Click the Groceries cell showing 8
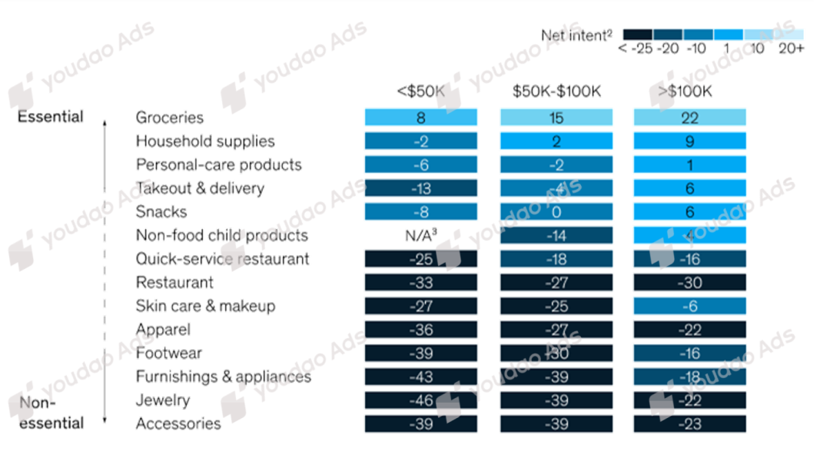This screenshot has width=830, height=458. tap(420, 118)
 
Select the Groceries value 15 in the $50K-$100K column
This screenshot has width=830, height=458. tap(557, 118)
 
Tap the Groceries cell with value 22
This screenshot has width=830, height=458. tap(689, 118)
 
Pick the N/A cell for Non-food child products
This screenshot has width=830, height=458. tap(420, 235)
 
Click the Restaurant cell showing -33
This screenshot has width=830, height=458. tap(420, 283)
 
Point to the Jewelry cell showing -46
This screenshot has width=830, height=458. tap(420, 400)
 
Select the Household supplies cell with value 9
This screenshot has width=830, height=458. tap(689, 141)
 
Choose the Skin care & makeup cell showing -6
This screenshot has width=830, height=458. tap(689, 306)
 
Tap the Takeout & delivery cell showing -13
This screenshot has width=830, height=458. tap(420, 188)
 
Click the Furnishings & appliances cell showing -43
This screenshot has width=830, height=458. tap(420, 377)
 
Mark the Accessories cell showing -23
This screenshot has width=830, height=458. tap(689, 423)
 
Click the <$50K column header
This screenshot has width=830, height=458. tap(420, 92)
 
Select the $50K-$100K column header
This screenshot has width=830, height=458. tap(557, 92)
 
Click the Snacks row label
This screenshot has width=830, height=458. tap(161, 211)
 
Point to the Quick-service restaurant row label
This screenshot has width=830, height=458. tap(223, 259)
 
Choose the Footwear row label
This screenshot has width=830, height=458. tap(169, 353)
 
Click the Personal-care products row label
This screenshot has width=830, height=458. tap(218, 164)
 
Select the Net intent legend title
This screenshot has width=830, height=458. tap(576, 35)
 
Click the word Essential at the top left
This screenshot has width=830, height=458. tap(50, 118)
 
